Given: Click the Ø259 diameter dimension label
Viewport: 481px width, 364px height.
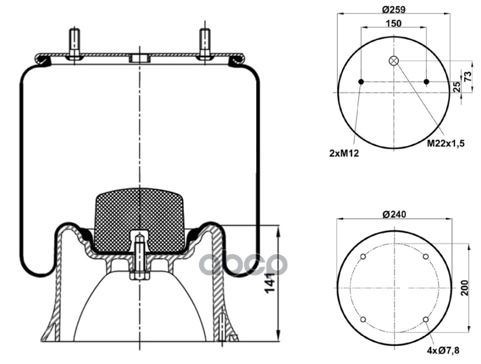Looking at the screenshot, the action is [x=394, y=8].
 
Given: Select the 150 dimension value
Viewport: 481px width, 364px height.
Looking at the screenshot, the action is [x=394, y=23].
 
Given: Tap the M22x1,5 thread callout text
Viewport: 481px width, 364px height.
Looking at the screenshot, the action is [x=445, y=144].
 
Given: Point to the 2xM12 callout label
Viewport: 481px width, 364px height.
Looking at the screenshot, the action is [x=345, y=154].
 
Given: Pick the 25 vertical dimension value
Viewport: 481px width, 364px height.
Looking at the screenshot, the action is [x=457, y=86].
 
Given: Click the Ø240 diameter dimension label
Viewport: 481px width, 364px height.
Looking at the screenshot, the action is [x=394, y=214].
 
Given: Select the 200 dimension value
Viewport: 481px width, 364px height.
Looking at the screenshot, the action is [x=465, y=287].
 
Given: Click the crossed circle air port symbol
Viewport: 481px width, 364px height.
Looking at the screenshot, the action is [x=394, y=61].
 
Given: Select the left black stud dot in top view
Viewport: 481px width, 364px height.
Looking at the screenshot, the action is [x=361, y=82].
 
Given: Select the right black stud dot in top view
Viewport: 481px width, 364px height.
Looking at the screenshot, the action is [x=426, y=82].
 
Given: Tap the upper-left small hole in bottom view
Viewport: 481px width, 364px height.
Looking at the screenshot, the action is [x=363, y=257].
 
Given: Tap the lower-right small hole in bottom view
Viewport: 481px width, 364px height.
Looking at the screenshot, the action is [x=426, y=319].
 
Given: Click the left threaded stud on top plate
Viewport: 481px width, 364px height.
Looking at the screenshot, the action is [x=74, y=44].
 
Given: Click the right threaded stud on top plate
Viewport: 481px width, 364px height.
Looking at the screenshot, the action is [x=205, y=44].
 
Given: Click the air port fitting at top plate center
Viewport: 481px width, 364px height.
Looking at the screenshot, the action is [x=139, y=58].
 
